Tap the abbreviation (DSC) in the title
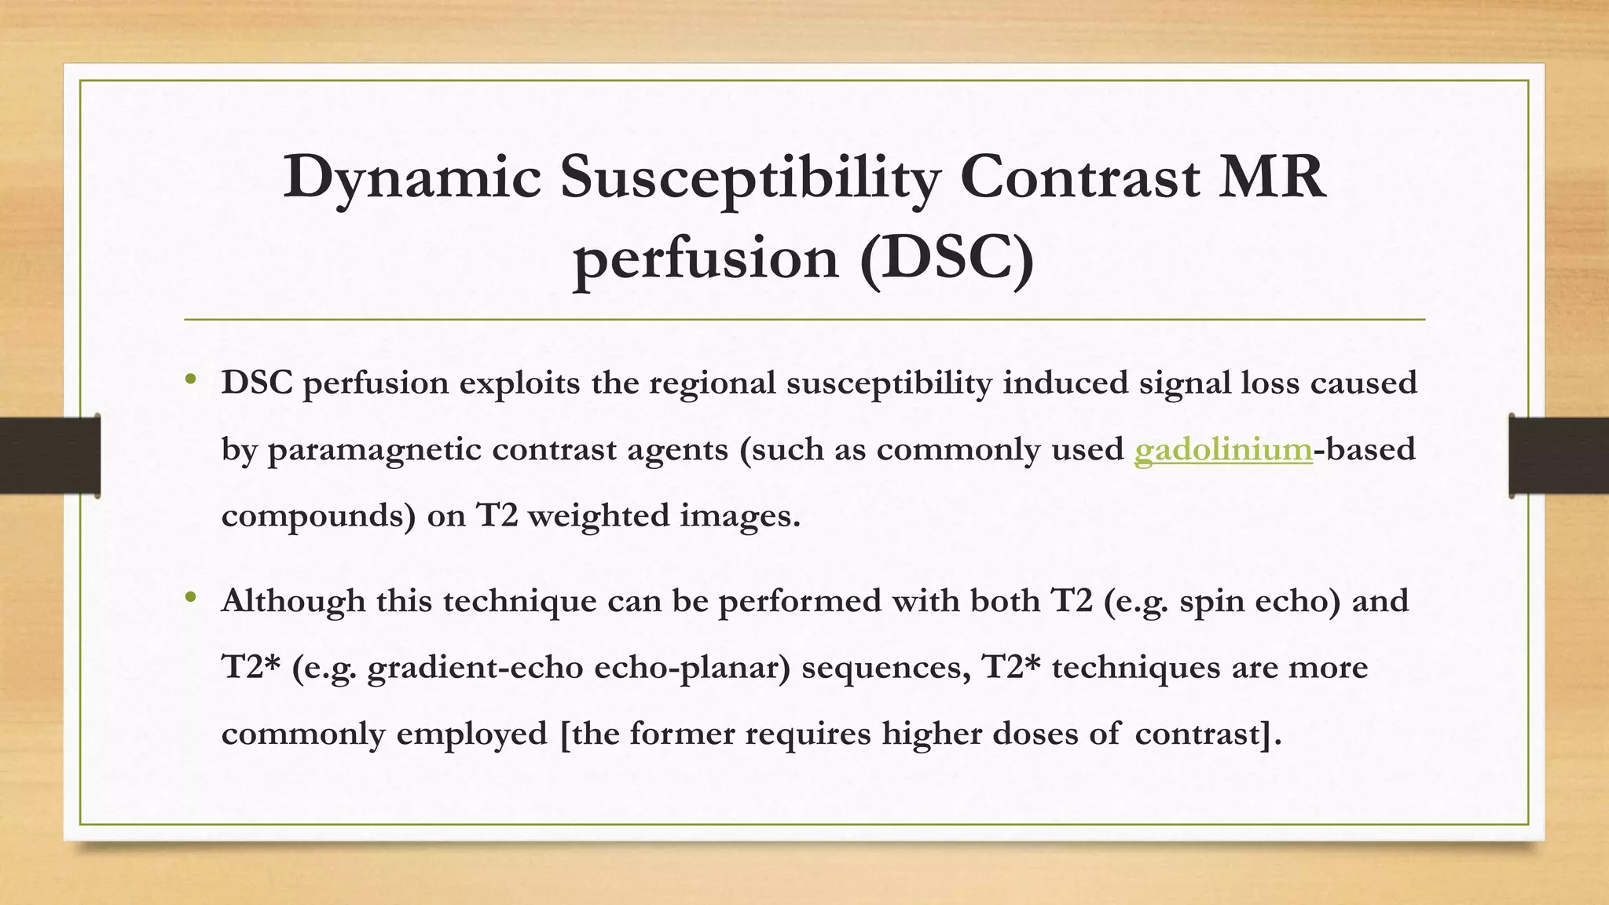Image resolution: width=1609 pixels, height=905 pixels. pos(947,259)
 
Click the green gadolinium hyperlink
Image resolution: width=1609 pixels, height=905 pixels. pos(1223,450)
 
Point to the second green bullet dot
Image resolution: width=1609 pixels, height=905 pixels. pos(190,599)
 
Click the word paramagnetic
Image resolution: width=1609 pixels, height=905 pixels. pos(374,450)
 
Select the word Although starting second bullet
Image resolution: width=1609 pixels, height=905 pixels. pos(293,601)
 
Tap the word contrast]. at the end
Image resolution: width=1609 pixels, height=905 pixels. pos(1208,734)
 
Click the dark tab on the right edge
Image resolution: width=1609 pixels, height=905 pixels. pos(1559,456)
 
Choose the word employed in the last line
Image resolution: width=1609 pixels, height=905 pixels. pos(471,734)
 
